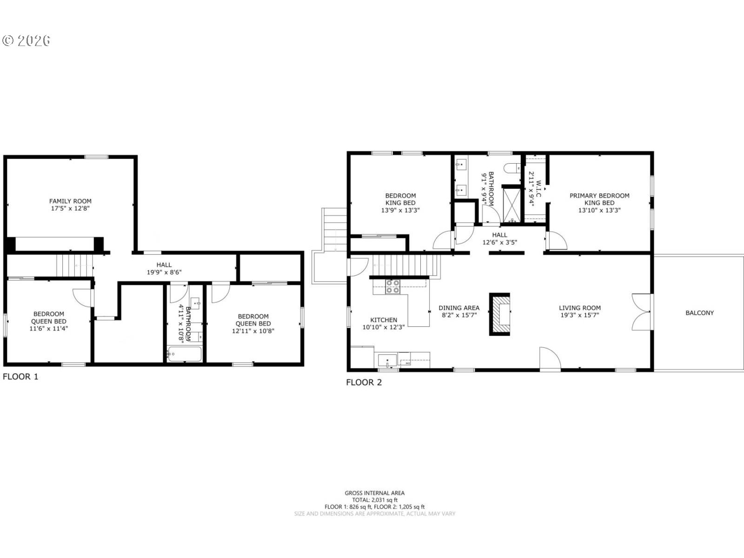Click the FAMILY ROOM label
70,201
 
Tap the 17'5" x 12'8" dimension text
70,208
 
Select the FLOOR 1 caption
20,376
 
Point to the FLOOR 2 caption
364,382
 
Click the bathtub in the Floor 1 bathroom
185,354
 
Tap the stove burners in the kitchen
393,286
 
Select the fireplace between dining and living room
499,314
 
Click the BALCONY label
700,312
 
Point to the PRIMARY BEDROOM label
599,195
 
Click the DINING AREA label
459,308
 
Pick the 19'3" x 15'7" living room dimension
579,315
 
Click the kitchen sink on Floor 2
387,360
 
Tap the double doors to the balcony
641,312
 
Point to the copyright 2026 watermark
27,40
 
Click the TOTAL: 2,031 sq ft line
374,500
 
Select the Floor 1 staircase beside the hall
74,266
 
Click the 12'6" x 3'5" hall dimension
499,242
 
